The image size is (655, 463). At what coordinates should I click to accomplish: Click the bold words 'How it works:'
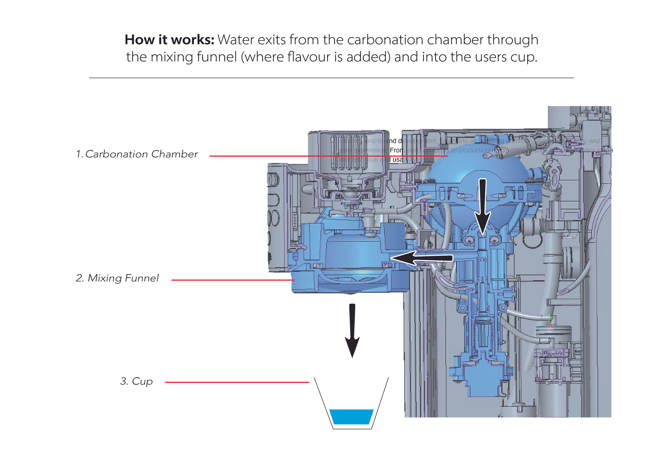coord(169,40)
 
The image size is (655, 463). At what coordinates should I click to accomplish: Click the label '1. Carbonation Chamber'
coord(137,154)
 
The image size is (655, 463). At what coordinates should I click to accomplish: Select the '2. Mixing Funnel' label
coord(117,278)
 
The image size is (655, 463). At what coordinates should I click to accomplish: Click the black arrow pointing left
coord(421,258)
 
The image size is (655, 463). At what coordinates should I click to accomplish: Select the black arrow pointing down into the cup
coord(352,331)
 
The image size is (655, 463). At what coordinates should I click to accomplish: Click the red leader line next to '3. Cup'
coord(237,382)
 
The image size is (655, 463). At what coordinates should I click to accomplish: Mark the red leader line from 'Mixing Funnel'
coord(232,280)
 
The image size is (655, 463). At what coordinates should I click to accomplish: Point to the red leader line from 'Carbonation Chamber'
coord(328,156)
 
